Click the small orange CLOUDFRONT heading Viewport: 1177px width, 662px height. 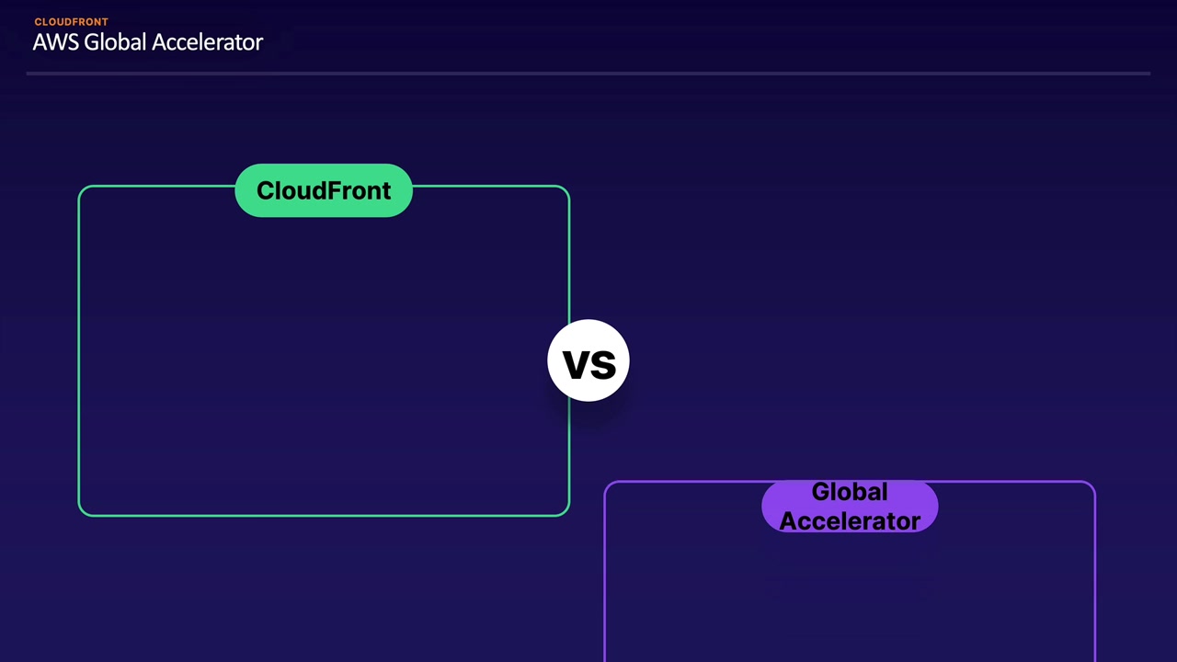[x=72, y=22]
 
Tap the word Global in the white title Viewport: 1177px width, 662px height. [x=115, y=42]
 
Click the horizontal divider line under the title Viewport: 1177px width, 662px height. [x=588, y=74]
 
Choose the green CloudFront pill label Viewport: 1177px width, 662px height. [x=324, y=190]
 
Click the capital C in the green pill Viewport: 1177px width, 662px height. [x=266, y=190]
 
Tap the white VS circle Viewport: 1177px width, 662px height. [x=588, y=360]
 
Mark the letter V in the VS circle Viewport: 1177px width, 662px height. [x=575, y=365]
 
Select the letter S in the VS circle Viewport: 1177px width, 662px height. [x=602, y=365]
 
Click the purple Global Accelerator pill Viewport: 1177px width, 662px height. [x=850, y=507]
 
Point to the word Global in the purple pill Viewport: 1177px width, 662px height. [x=850, y=492]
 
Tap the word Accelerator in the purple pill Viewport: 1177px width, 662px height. [x=850, y=521]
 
